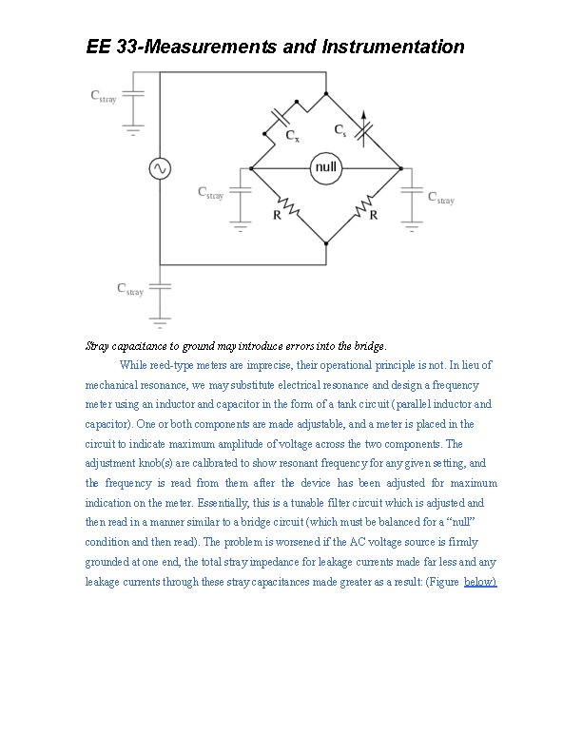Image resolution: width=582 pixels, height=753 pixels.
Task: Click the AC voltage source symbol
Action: tap(159, 168)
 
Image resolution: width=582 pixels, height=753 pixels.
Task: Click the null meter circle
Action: tap(325, 167)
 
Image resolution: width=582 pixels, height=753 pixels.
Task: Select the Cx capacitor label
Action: tap(293, 136)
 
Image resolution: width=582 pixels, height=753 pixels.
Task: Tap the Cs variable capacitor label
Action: tap(339, 129)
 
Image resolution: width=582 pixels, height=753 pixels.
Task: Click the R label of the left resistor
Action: tap(277, 216)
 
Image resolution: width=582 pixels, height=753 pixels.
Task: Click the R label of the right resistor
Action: tap(374, 216)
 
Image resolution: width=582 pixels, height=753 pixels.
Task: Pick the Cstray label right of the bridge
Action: tap(440, 198)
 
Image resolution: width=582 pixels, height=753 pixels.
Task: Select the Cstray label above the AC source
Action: tap(103, 96)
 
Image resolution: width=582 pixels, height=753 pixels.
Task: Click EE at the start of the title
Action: tap(98, 46)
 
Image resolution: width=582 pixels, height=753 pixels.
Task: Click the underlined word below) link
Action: tap(480, 581)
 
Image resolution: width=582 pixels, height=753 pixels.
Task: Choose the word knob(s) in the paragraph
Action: tap(168, 463)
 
